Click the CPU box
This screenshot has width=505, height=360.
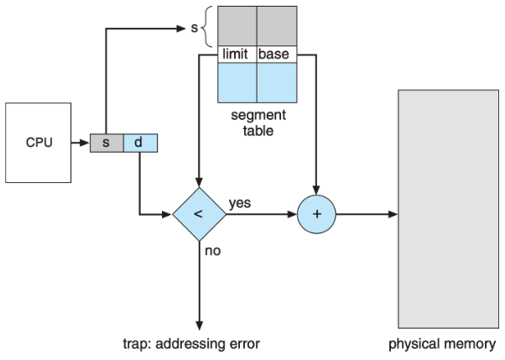point(38,143)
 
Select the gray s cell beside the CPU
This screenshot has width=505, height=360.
point(107,143)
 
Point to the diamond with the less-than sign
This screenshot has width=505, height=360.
point(199,214)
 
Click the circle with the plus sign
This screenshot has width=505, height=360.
point(316,214)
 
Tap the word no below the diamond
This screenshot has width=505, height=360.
point(213,250)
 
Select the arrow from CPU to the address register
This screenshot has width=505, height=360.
point(80,143)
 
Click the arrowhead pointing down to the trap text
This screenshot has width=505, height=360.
point(199,322)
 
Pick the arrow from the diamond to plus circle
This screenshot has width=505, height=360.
point(260,214)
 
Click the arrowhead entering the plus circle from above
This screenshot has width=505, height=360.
point(316,190)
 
